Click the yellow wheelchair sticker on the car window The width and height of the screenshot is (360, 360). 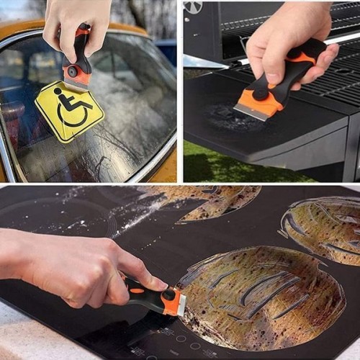pos(69,112)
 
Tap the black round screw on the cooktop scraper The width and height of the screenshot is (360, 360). pos(168,294)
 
